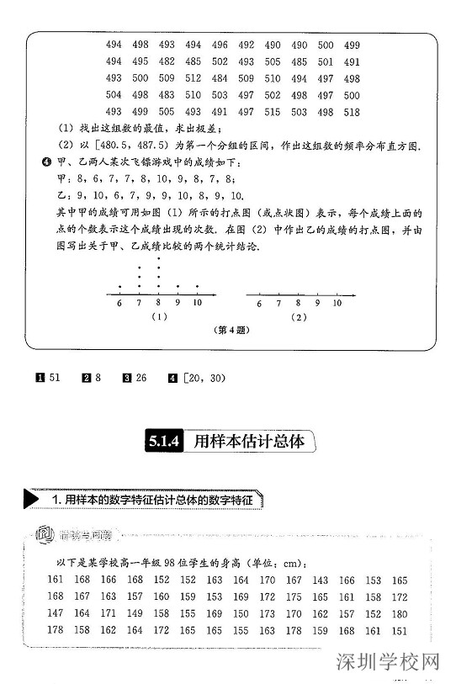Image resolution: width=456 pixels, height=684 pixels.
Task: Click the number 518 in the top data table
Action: (x=352, y=111)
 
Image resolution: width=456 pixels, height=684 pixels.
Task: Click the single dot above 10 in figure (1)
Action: (x=197, y=286)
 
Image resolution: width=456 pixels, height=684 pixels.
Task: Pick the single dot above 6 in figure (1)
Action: (x=119, y=286)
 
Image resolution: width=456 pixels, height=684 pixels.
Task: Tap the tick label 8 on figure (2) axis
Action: (x=297, y=303)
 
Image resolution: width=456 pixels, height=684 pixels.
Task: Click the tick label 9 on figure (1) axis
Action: (x=178, y=303)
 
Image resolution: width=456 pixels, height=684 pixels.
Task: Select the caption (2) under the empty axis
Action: (x=298, y=317)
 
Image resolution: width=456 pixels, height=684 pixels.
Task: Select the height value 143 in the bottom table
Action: (x=321, y=580)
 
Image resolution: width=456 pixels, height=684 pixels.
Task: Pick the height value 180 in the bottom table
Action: (x=400, y=613)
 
